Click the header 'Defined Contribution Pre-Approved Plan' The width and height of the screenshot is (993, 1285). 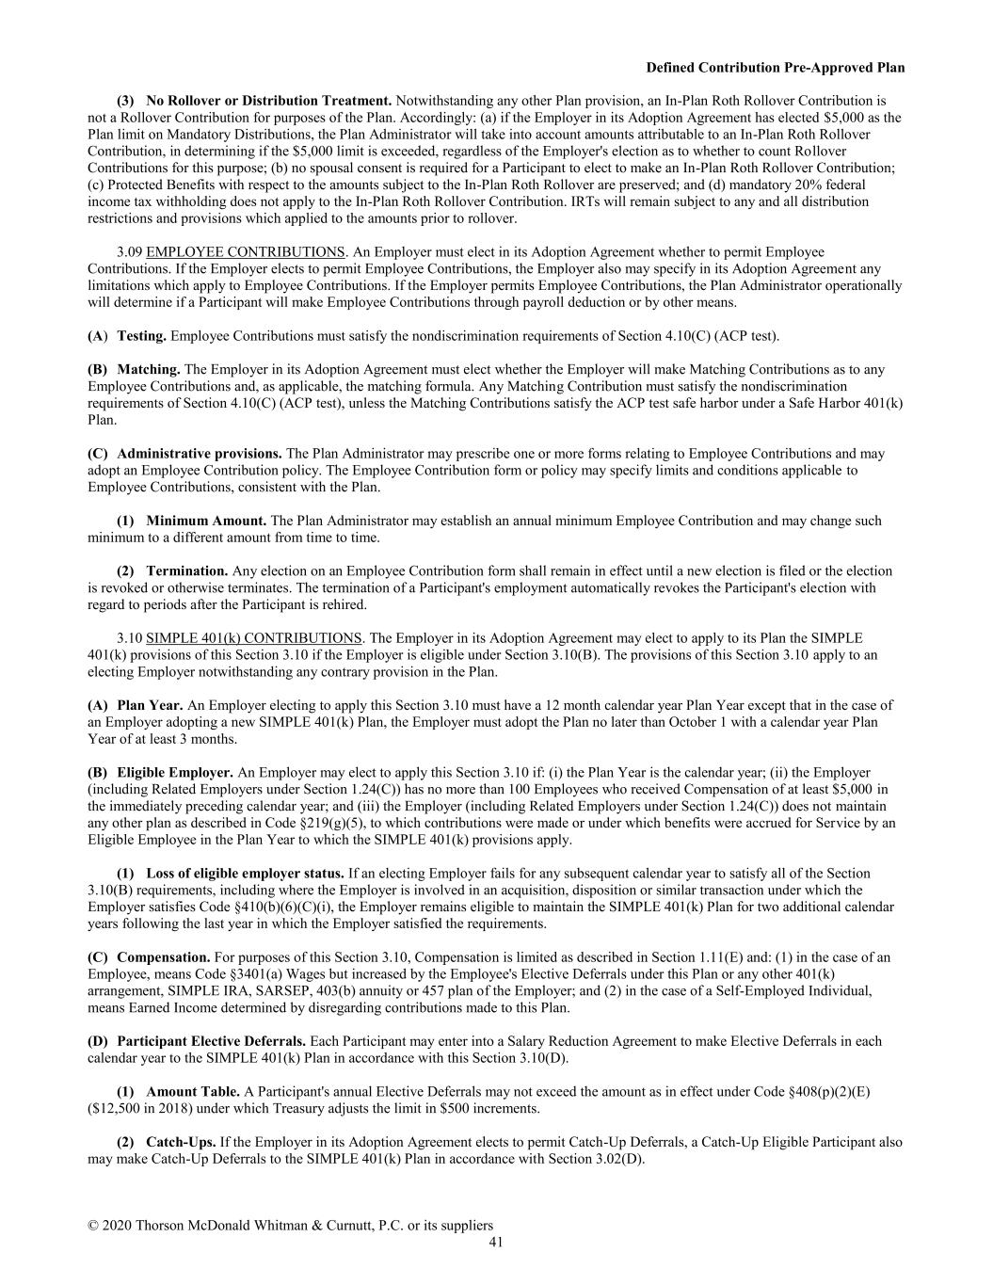[x=776, y=68]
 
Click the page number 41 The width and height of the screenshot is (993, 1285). [x=496, y=1242]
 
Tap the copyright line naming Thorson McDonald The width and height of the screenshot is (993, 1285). [x=290, y=1225]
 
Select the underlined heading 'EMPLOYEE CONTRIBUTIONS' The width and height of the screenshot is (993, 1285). [x=246, y=252]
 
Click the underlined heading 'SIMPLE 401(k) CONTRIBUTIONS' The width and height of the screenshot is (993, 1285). [x=254, y=638]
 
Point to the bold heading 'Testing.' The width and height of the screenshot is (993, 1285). [x=141, y=336]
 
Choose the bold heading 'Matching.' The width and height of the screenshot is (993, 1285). [x=148, y=370]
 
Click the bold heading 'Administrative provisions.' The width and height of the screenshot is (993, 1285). [x=199, y=454]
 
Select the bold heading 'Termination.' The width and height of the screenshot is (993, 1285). [x=186, y=571]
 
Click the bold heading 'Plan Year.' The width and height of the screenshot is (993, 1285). [x=150, y=705]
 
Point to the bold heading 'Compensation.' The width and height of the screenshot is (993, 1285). [x=163, y=957]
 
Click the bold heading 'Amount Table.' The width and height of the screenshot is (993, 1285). [x=193, y=1091]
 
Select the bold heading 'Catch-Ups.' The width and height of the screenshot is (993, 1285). [x=181, y=1142]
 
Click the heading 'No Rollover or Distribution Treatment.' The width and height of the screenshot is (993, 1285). [x=268, y=101]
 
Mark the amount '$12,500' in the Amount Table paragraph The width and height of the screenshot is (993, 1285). [x=114, y=1108]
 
